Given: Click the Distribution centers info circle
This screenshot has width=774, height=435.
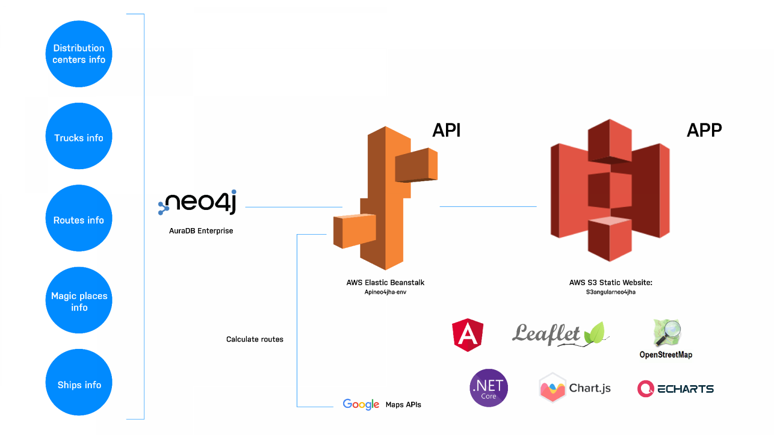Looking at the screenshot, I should point(79,54).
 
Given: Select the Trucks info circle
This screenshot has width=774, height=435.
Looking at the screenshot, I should point(79,136).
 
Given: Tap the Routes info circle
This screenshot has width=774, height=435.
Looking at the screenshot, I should point(79,219).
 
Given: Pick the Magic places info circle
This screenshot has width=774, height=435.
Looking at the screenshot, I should point(79,301).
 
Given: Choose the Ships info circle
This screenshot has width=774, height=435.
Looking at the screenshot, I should point(79,383).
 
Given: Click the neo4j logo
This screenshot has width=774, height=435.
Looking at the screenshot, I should point(198,202).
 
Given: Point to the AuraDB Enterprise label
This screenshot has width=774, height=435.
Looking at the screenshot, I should point(201,231).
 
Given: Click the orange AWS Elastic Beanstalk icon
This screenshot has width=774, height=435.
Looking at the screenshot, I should point(385,199).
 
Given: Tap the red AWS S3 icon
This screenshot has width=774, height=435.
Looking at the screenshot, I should point(610,191).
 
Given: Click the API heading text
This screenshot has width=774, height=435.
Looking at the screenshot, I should point(446,130).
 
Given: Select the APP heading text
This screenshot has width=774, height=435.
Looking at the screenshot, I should point(704,130).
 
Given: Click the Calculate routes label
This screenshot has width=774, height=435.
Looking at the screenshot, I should point(254,339).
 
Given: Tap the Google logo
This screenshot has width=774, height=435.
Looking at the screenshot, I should point(361,404).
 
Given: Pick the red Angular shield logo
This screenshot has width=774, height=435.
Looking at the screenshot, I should point(468,334).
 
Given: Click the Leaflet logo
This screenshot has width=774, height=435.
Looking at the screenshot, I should point(559,334).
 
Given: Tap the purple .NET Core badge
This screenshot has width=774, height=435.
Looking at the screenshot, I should point(488,388).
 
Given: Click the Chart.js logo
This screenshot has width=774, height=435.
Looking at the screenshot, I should point(574,388).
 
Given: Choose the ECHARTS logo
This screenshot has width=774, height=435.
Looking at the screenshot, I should point(675,389).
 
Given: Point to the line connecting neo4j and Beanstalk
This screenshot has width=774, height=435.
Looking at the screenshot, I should point(293,207).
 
